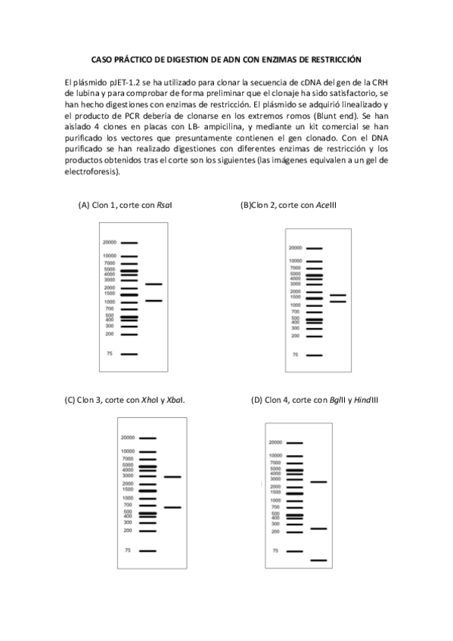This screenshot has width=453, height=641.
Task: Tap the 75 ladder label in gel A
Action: coord(110,354)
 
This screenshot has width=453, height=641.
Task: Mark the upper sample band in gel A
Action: coord(154,284)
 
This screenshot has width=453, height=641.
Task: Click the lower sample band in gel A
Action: coord(154,301)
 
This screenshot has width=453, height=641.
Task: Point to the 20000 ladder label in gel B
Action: coord(295,248)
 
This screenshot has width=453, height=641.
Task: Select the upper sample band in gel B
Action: coord(337,295)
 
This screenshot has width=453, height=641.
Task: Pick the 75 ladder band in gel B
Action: coord(314,355)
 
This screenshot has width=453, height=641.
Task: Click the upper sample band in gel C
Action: coord(173,477)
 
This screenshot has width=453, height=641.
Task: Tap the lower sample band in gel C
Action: coord(173,507)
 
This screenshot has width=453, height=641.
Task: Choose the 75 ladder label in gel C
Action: coord(129,550)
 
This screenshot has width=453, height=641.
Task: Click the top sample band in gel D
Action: coord(318,482)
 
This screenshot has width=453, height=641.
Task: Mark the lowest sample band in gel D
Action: coord(318,560)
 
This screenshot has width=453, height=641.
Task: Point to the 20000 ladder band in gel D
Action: coord(295,443)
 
